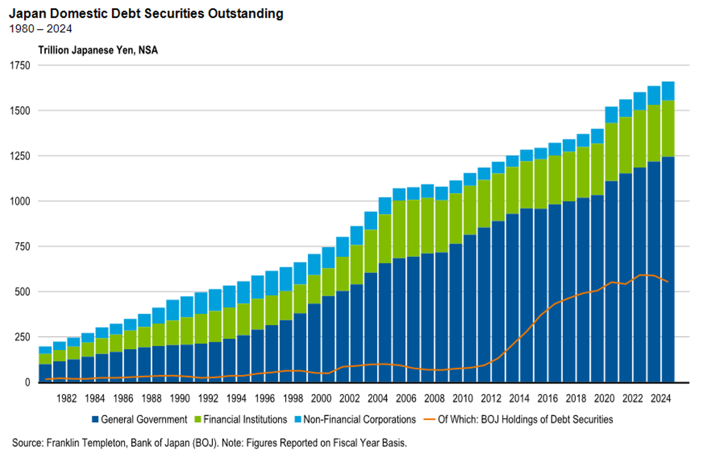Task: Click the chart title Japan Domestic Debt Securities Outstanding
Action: tap(146, 14)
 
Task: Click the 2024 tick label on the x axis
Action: tap(659, 398)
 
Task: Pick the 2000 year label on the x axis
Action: tap(321, 398)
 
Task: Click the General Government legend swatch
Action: tap(95, 419)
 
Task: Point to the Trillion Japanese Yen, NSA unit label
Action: tap(97, 50)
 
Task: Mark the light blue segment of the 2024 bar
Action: tap(667, 91)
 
